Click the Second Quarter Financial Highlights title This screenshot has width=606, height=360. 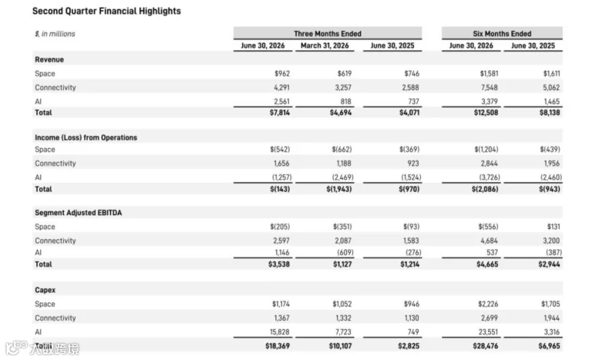pyautogui.click(x=106, y=11)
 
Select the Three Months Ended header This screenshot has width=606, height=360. pyautogui.click(x=327, y=34)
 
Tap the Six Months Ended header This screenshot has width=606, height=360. pyautogui.click(x=502, y=34)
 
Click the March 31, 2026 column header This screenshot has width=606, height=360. pyautogui.click(x=325, y=46)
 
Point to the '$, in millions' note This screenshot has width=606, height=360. pyautogui.click(x=55, y=34)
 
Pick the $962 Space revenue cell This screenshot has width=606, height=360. pyautogui.click(x=282, y=73)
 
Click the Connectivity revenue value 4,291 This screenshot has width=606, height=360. pyautogui.click(x=281, y=87)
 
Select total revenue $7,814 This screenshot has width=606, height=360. pyautogui.click(x=280, y=112)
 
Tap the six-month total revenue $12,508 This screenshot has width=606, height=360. pyautogui.click(x=485, y=112)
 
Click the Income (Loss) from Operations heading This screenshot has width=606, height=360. pyautogui.click(x=86, y=137)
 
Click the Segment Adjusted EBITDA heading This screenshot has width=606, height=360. pyautogui.click(x=78, y=213)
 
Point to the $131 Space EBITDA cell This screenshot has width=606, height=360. pyautogui.click(x=553, y=226)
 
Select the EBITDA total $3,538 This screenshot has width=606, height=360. pyautogui.click(x=279, y=264)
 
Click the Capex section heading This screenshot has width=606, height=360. pyautogui.click(x=45, y=290)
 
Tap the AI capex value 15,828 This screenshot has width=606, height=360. pyautogui.click(x=279, y=332)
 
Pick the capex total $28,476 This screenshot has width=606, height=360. pyautogui.click(x=485, y=346)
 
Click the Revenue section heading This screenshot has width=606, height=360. pyautogui.click(x=49, y=59)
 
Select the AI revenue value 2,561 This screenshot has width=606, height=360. pyautogui.click(x=281, y=102)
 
